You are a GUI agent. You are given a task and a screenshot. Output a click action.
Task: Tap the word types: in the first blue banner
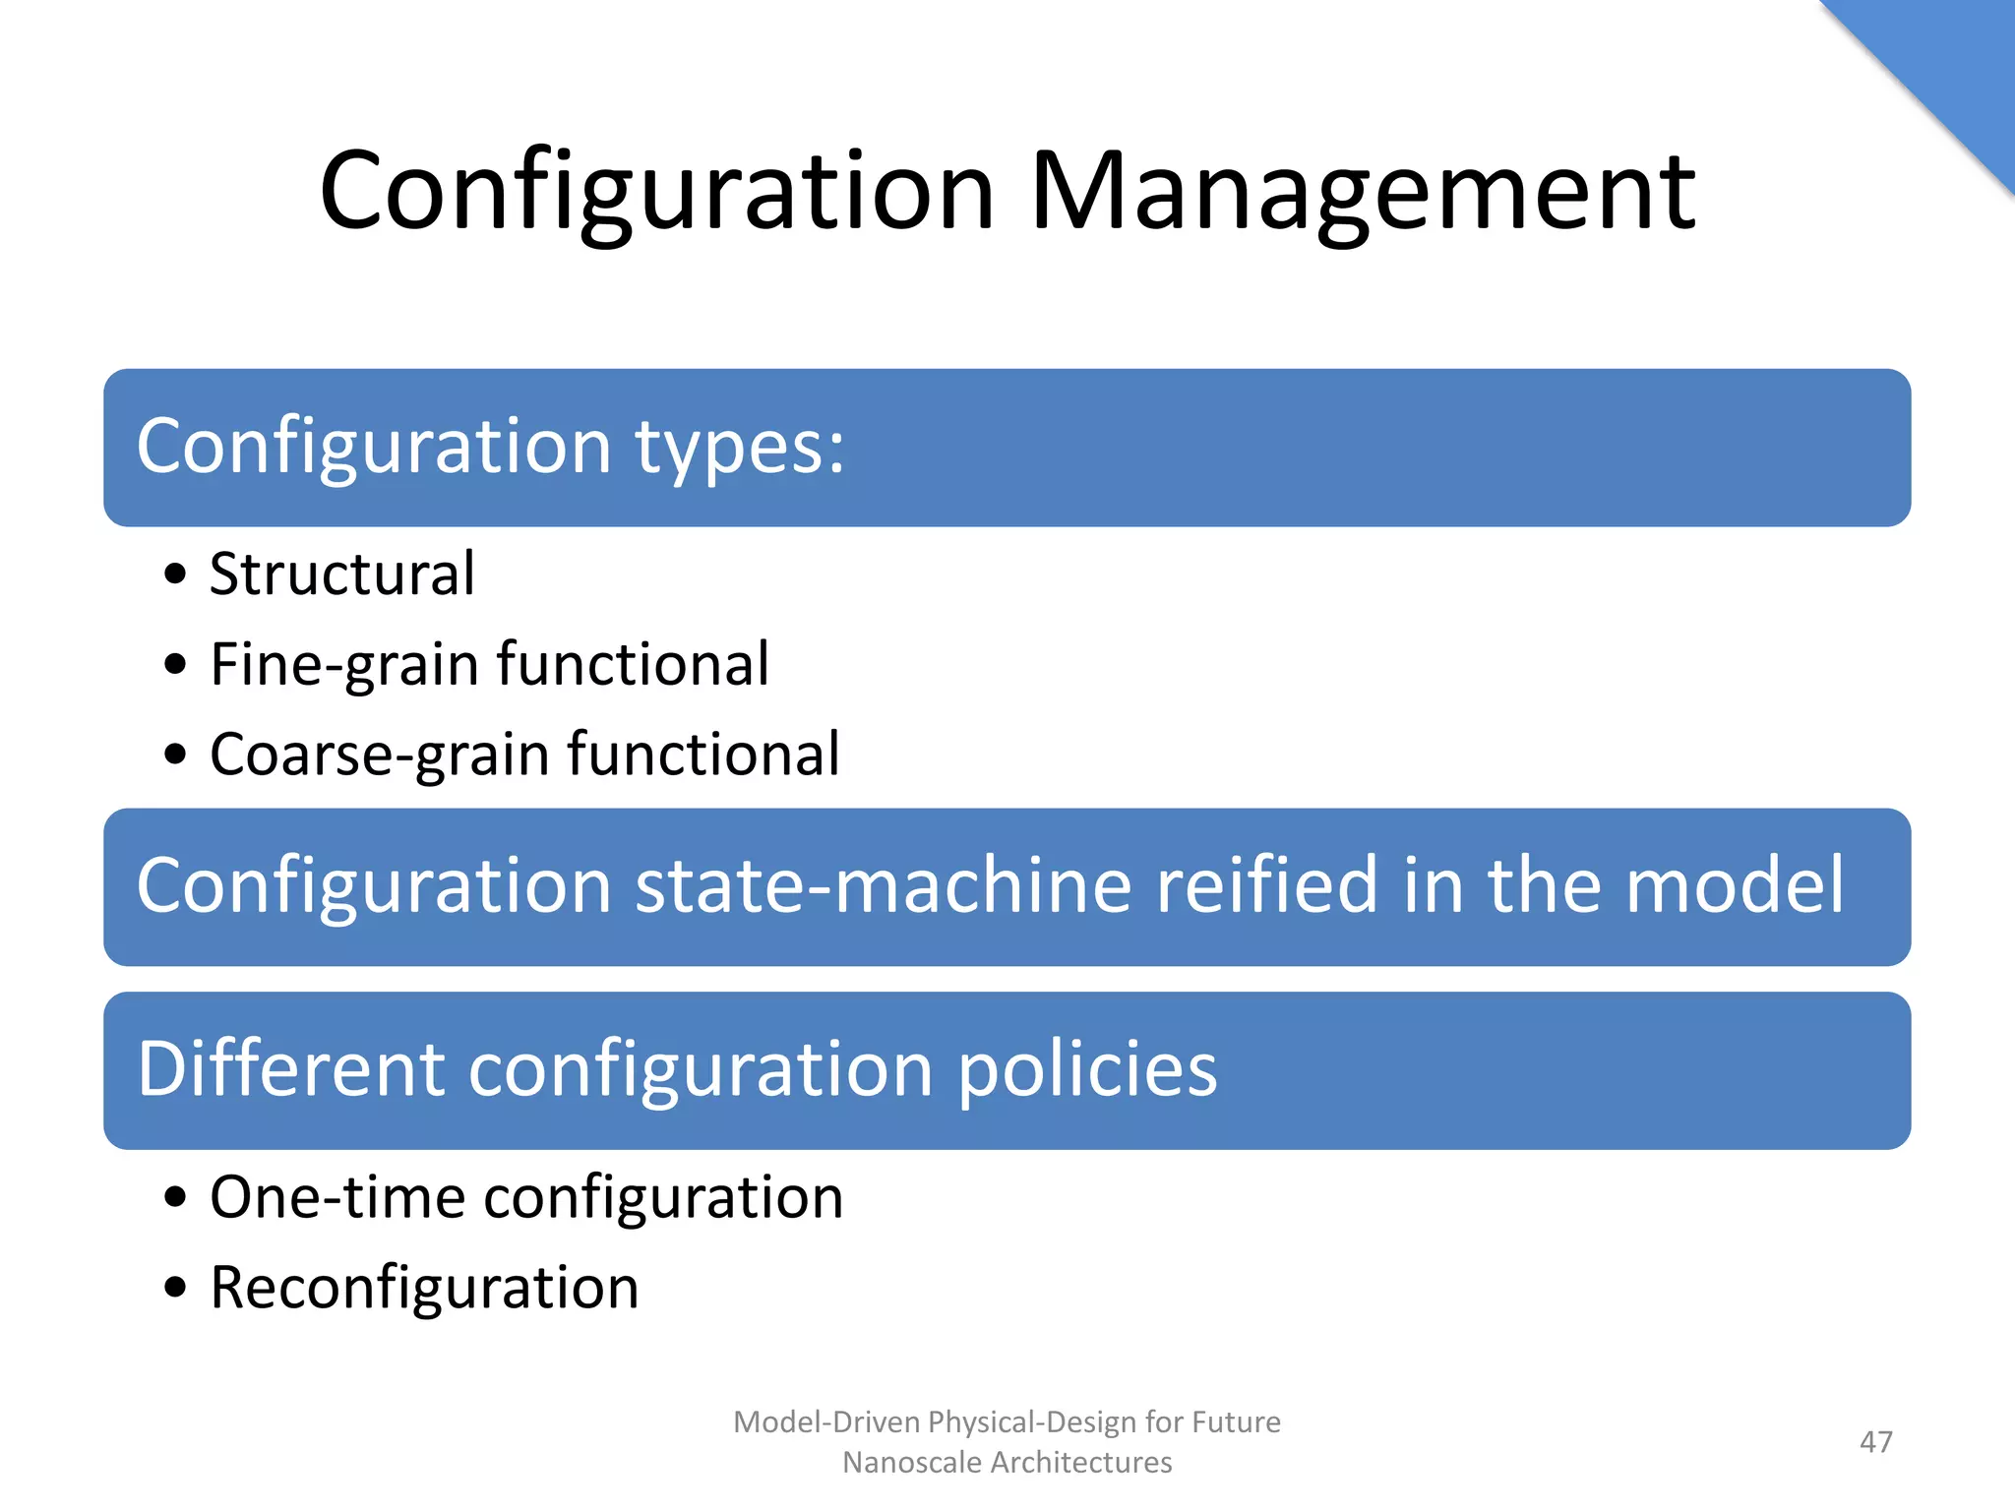click(x=739, y=448)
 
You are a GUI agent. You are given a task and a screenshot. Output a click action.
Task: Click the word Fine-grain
click(x=344, y=664)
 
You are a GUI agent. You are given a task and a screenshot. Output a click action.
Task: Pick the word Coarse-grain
click(x=380, y=755)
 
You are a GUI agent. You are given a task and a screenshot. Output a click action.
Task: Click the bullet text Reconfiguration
click(x=424, y=1288)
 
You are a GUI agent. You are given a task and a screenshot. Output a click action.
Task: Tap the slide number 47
click(x=1875, y=1442)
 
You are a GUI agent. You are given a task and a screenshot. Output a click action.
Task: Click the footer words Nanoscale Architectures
click(x=1007, y=1463)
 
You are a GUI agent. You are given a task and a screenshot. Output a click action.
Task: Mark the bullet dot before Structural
click(x=175, y=574)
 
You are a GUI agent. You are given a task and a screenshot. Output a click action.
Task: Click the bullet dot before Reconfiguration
click(x=175, y=1288)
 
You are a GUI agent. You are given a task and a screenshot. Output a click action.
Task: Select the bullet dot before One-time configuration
click(x=175, y=1198)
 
